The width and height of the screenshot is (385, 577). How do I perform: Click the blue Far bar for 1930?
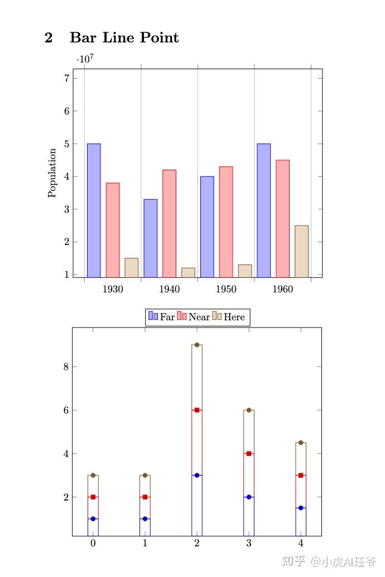pyautogui.click(x=94, y=210)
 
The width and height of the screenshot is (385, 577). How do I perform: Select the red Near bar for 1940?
pyautogui.click(x=169, y=223)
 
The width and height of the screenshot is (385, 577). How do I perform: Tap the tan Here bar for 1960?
pyautogui.click(x=301, y=251)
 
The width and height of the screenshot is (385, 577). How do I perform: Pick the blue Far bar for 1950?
pyautogui.click(x=207, y=227)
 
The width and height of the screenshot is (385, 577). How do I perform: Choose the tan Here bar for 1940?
pyautogui.click(x=188, y=272)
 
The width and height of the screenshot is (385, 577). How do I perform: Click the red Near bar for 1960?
pyautogui.click(x=282, y=218)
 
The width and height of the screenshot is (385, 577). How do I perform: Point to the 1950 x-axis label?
pyautogui.click(x=226, y=289)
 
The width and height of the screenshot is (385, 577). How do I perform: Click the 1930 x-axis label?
pyautogui.click(x=113, y=289)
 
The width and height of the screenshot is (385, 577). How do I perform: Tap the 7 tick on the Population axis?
pyautogui.click(x=67, y=78)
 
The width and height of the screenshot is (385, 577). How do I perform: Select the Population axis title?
pyautogui.click(x=52, y=172)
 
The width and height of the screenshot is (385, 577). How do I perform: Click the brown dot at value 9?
pyautogui.click(x=197, y=345)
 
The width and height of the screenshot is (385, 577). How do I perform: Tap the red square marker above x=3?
pyautogui.click(x=249, y=454)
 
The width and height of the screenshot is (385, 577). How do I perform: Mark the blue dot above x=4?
pyautogui.click(x=301, y=508)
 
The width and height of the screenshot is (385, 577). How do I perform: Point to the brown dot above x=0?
pyautogui.click(x=93, y=475)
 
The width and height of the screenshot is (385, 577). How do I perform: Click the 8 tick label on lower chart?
pyautogui.click(x=65, y=367)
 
